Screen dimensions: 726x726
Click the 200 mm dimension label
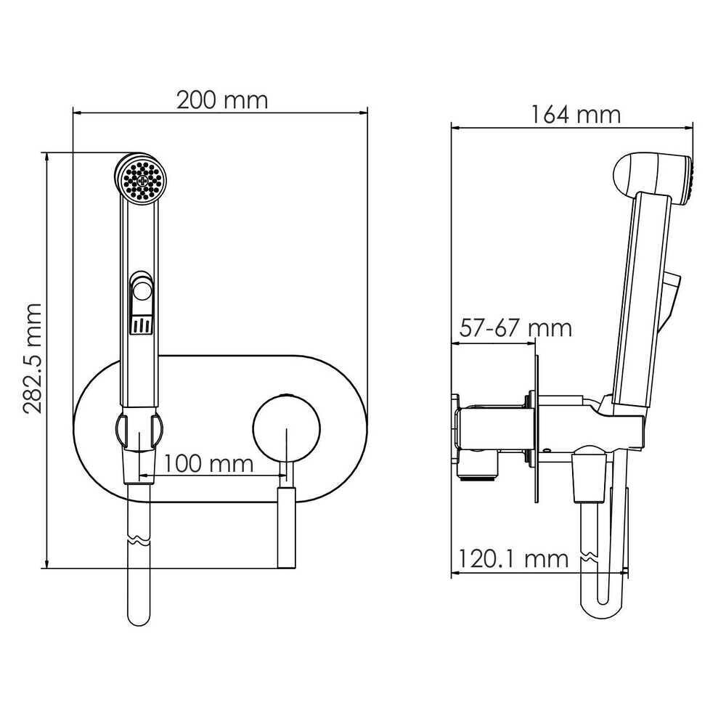click(222, 100)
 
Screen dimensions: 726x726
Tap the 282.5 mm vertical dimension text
click(33, 359)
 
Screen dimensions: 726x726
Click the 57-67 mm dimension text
click(515, 328)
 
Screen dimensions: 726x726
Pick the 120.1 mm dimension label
click(513, 559)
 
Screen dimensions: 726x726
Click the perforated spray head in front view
click(141, 179)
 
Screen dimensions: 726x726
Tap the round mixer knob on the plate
click(287, 428)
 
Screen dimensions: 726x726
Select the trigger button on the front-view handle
click(142, 291)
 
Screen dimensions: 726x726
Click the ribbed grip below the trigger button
click(141, 325)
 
